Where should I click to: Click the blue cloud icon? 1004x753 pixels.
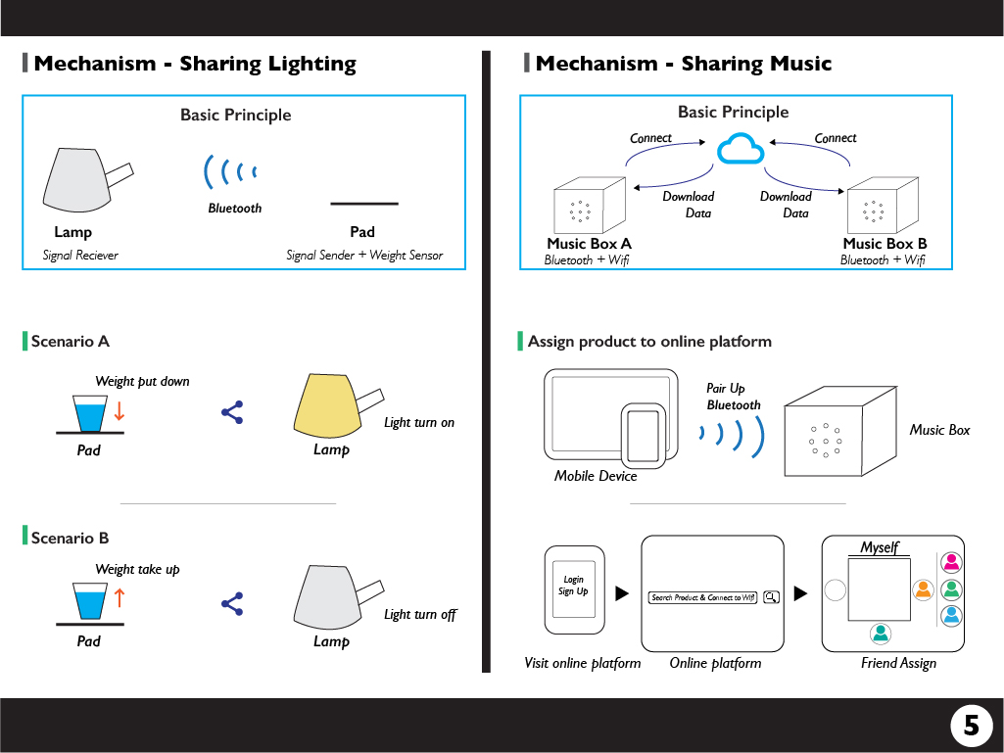740,150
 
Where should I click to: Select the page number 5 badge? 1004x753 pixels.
971,725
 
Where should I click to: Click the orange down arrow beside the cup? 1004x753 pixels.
120,412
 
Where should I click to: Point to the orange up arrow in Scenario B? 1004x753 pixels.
120,598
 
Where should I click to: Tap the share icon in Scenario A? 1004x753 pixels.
232,412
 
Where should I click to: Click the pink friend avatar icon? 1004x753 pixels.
950,562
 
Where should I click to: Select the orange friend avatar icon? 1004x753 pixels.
922,589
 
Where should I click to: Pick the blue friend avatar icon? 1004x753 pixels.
950,616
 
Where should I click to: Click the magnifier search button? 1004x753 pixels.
771,596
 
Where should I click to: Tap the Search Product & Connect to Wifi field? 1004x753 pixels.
703,596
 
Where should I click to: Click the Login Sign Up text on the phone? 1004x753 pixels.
573,586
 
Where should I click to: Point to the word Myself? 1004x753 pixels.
879,547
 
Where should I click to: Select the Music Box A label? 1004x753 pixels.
589,244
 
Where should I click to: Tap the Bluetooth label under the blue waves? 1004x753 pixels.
235,208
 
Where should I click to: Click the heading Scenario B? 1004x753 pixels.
70,538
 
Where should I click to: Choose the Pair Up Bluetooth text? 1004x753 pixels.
733,397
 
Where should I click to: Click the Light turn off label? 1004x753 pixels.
420,614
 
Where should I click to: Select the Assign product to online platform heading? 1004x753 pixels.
649,342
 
